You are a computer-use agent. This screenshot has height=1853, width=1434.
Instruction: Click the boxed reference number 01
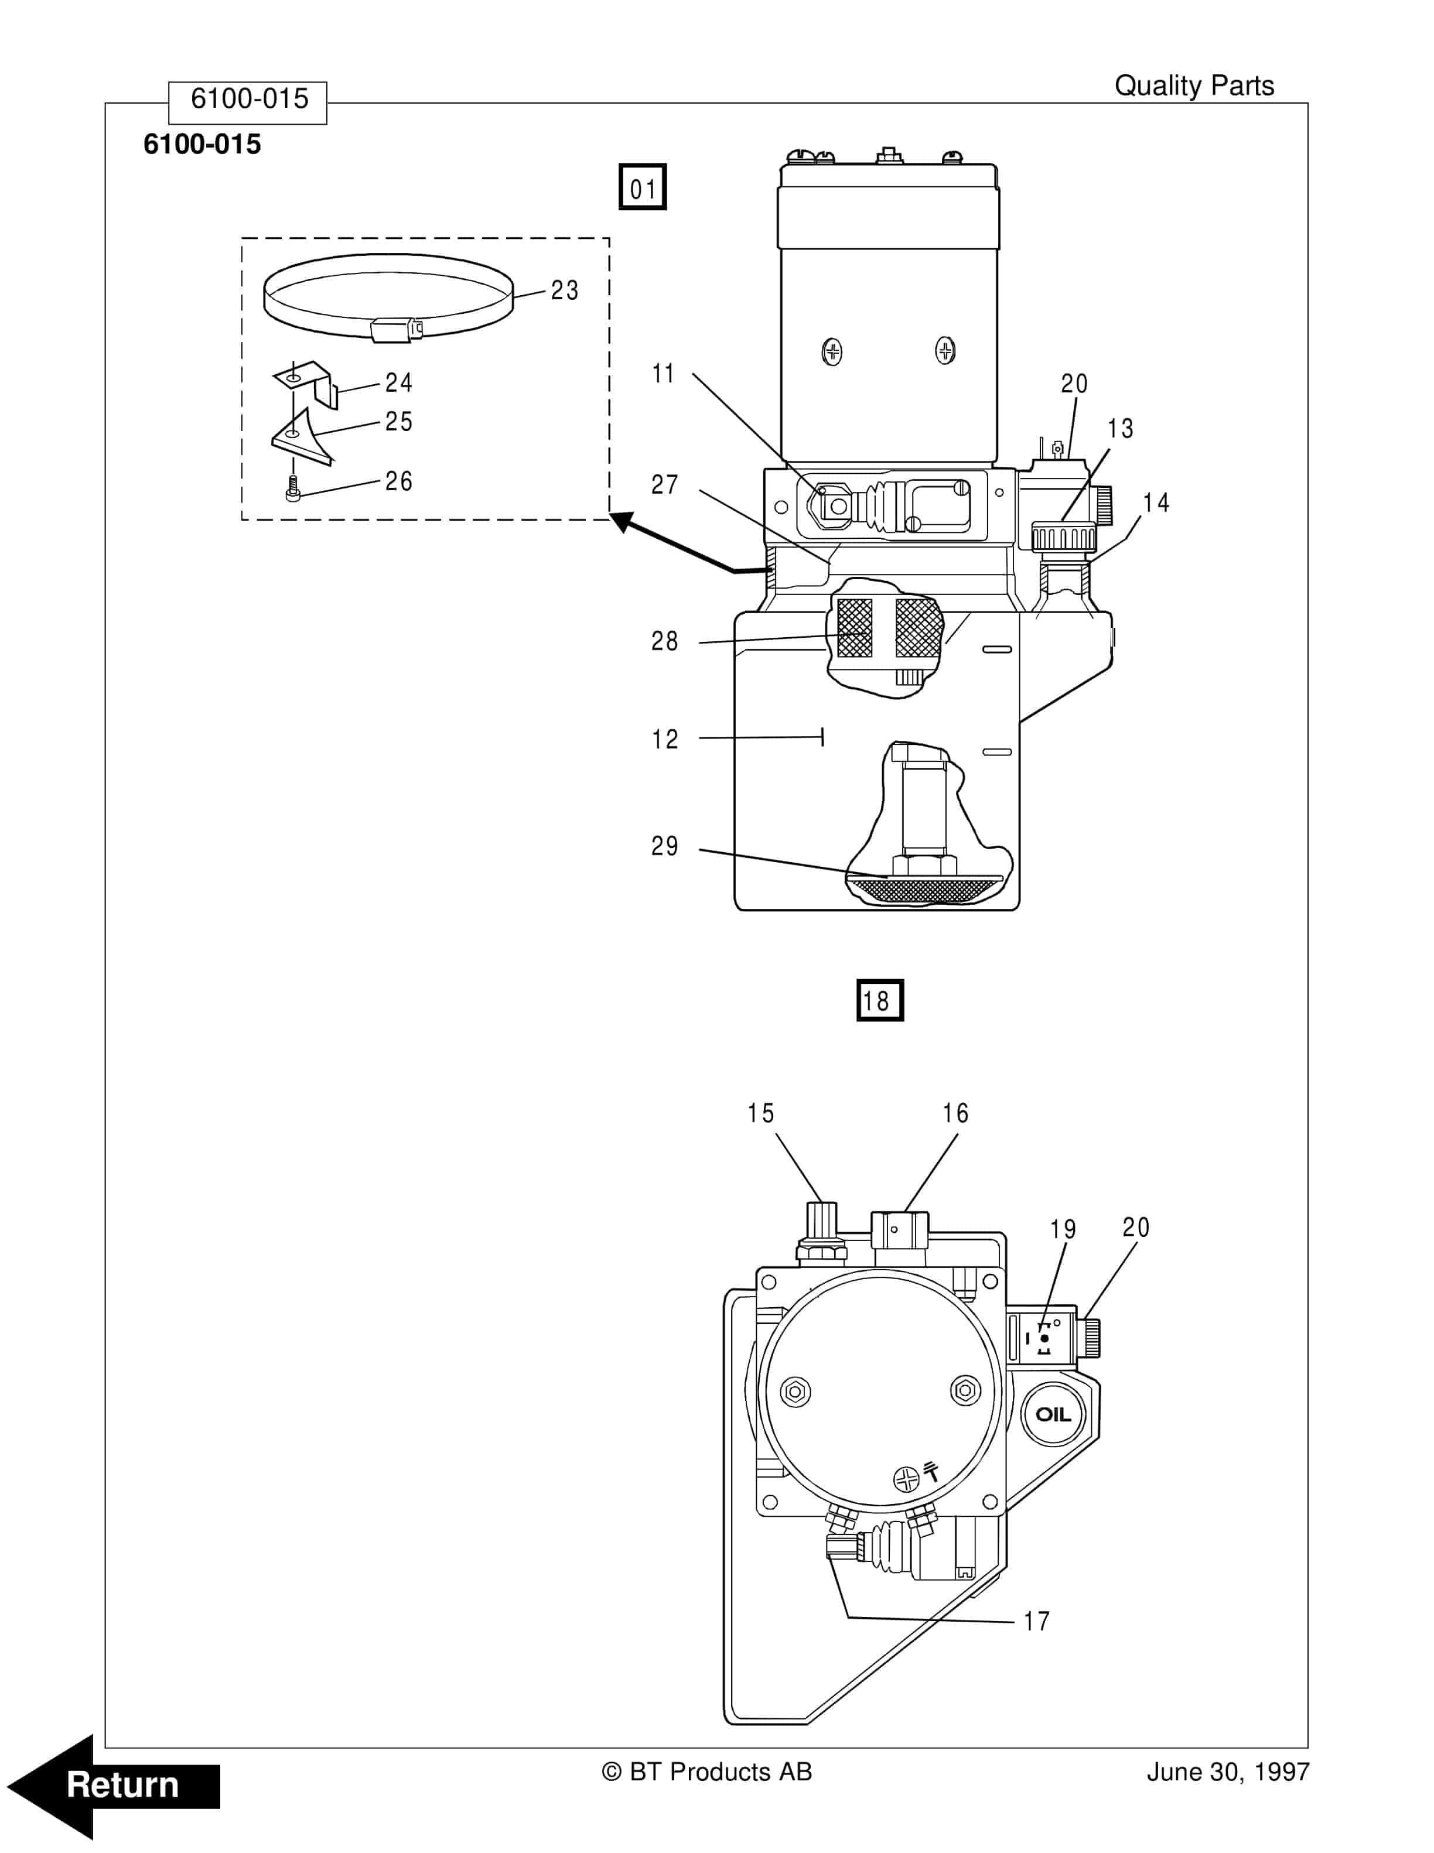(x=643, y=187)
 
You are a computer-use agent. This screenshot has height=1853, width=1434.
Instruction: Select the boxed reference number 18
(x=879, y=1000)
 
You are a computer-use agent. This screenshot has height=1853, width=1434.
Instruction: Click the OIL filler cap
(x=1053, y=1414)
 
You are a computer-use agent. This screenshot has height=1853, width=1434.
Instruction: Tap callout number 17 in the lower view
(x=1036, y=1621)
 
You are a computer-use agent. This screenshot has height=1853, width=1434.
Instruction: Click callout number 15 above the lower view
(x=760, y=1113)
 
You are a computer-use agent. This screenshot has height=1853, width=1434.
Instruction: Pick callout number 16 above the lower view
(x=955, y=1113)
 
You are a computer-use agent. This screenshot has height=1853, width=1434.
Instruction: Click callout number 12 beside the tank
(x=664, y=739)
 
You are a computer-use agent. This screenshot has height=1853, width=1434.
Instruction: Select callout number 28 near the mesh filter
(x=664, y=641)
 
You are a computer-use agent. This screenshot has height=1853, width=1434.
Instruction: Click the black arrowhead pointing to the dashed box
(x=624, y=522)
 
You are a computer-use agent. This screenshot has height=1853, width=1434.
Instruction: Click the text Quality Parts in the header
(x=1193, y=86)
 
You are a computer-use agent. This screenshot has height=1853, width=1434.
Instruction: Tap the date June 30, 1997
(x=1227, y=1772)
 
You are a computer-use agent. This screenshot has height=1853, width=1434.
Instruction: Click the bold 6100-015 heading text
(x=202, y=144)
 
